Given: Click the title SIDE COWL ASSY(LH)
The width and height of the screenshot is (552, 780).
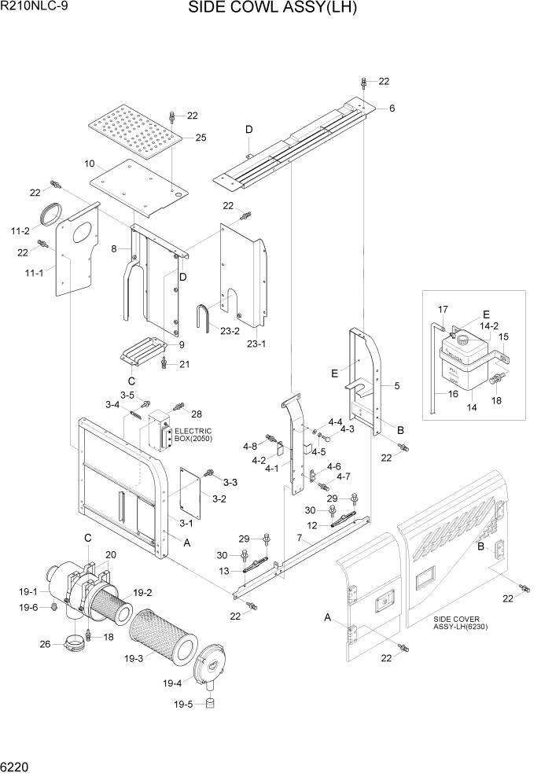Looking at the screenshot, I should [x=273, y=9].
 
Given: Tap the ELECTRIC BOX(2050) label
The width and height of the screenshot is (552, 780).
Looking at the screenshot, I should [x=193, y=435].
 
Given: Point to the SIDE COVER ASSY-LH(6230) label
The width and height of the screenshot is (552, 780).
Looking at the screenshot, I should [x=467, y=624].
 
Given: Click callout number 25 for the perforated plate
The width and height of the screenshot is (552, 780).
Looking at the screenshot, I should [x=201, y=138].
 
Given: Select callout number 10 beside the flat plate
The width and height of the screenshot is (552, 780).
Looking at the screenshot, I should [x=89, y=164].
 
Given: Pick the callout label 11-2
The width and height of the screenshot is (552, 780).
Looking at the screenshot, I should [x=20, y=230].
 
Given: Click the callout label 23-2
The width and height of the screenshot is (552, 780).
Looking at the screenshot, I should [x=230, y=331].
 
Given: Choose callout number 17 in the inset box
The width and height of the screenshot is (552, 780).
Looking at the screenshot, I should [x=443, y=308].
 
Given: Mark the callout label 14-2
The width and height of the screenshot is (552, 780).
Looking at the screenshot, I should [x=490, y=325].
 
